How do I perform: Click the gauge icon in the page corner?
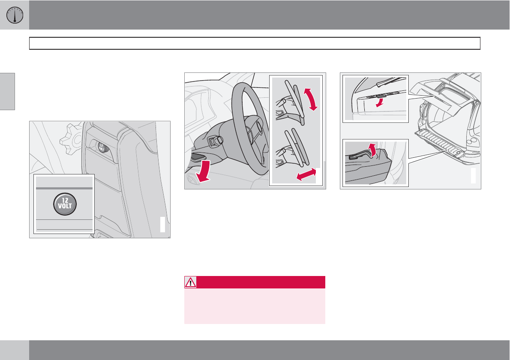[15, 15]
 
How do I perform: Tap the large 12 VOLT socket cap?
[65, 204]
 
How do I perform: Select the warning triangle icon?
[190, 282]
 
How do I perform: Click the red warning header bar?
[255, 282]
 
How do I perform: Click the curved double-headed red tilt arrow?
[311, 99]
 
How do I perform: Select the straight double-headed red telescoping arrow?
[306, 174]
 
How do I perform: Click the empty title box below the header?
[255, 43]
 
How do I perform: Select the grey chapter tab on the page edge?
[7, 91]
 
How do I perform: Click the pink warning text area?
[255, 306]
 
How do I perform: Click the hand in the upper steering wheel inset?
[285, 109]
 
